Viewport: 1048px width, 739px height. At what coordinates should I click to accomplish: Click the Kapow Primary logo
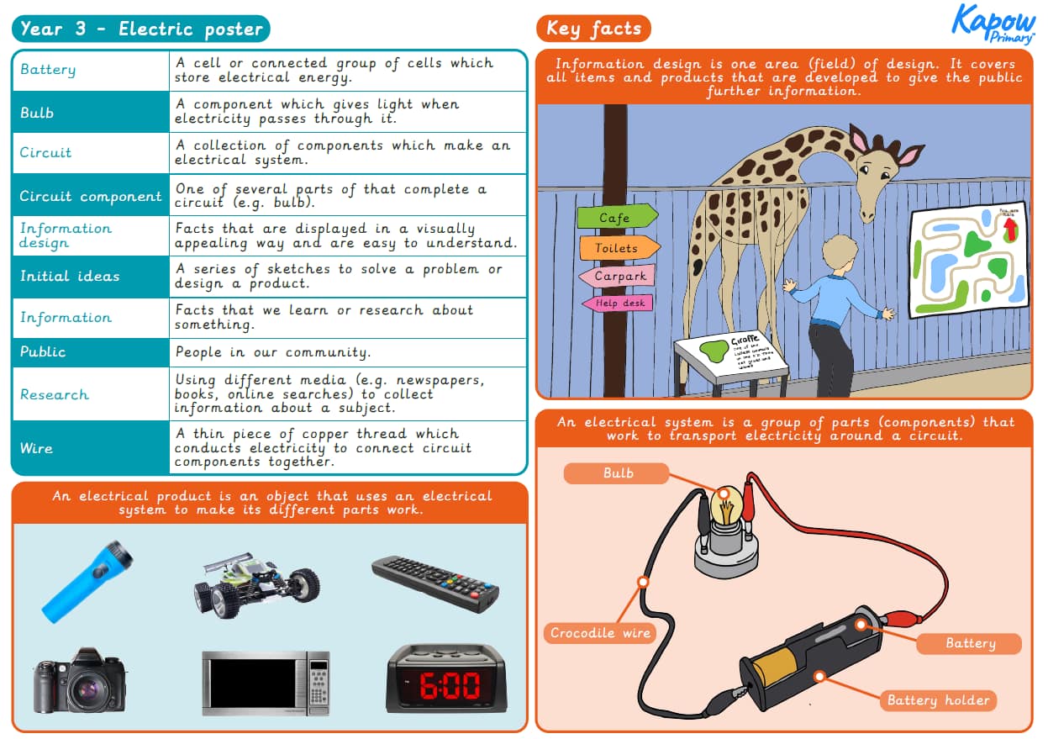[x=993, y=24]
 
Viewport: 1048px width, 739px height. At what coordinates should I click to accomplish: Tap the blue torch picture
[x=87, y=579]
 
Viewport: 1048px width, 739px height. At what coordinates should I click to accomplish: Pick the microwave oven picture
[x=266, y=683]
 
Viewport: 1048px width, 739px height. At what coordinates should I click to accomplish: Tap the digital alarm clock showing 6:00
[x=446, y=678]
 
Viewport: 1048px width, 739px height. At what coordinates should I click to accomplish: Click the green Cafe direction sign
[x=616, y=218]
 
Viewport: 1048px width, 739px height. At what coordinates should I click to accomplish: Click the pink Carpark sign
[x=617, y=276]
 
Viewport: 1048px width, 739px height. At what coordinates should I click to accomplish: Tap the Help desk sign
[x=618, y=303]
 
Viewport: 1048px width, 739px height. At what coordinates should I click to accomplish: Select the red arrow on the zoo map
[x=1011, y=226]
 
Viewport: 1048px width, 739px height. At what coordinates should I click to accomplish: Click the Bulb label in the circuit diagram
[x=617, y=473]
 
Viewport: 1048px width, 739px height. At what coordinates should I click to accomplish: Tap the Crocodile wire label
[x=600, y=632]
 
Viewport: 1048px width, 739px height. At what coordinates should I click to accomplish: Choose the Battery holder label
[x=938, y=700]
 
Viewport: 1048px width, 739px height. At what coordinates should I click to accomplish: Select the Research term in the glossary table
[x=55, y=394]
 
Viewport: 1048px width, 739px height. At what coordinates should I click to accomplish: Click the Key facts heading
[x=593, y=29]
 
